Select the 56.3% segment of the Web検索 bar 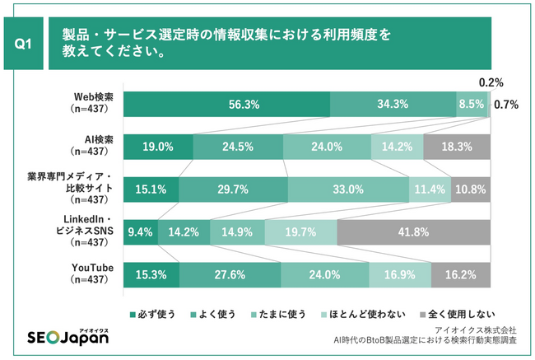pos(227,105)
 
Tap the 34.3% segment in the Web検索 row pos(393,105)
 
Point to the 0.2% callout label pos(491,82)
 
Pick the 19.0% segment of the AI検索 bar pos(158,147)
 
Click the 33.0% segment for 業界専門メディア pos(348,189)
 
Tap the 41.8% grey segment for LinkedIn pos(413,231)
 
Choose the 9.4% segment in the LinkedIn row pos(140,231)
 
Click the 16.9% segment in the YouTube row pos(399,274)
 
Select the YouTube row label pos(93,274)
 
